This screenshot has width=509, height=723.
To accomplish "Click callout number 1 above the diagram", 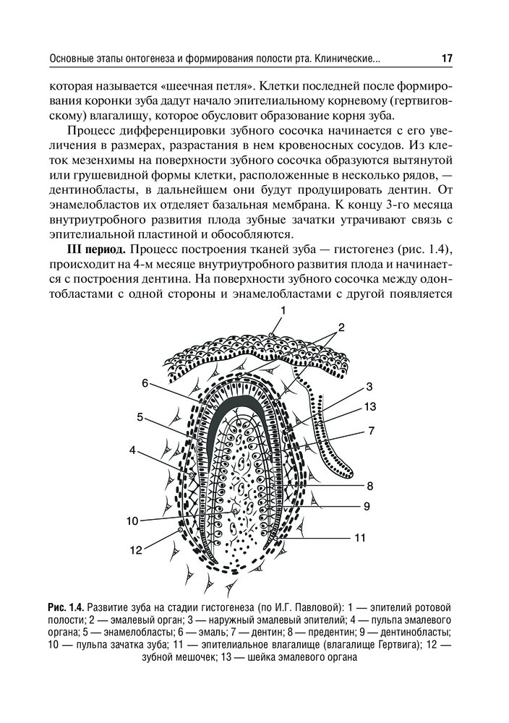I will point(283,310).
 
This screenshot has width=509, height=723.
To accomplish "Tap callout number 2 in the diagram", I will point(341,326).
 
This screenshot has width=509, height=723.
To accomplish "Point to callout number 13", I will point(370,406).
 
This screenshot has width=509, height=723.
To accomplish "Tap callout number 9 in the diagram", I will point(367,505).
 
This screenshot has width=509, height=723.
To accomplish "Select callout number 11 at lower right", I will point(360,537).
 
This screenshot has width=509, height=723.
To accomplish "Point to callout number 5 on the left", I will point(140,416).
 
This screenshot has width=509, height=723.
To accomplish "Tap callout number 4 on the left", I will point(132,450).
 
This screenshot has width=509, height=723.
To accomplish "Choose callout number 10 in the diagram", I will point(132,519).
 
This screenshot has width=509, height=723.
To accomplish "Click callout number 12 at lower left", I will point(135,551).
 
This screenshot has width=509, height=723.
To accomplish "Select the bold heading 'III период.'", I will point(95,249).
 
